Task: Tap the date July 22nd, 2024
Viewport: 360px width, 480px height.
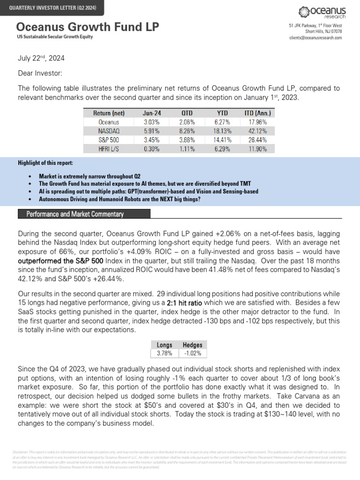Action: (41, 59)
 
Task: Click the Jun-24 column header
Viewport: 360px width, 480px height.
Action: (151, 113)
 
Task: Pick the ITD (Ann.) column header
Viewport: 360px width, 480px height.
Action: (257, 113)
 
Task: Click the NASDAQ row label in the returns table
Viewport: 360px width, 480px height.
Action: (95, 131)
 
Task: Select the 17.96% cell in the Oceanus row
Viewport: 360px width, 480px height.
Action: (257, 122)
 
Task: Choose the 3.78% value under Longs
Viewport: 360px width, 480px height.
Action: (164, 353)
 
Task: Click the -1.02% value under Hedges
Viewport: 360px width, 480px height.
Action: (192, 353)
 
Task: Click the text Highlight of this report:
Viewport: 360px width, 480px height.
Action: (45, 163)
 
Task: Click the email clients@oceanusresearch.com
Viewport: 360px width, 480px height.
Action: (315, 37)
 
